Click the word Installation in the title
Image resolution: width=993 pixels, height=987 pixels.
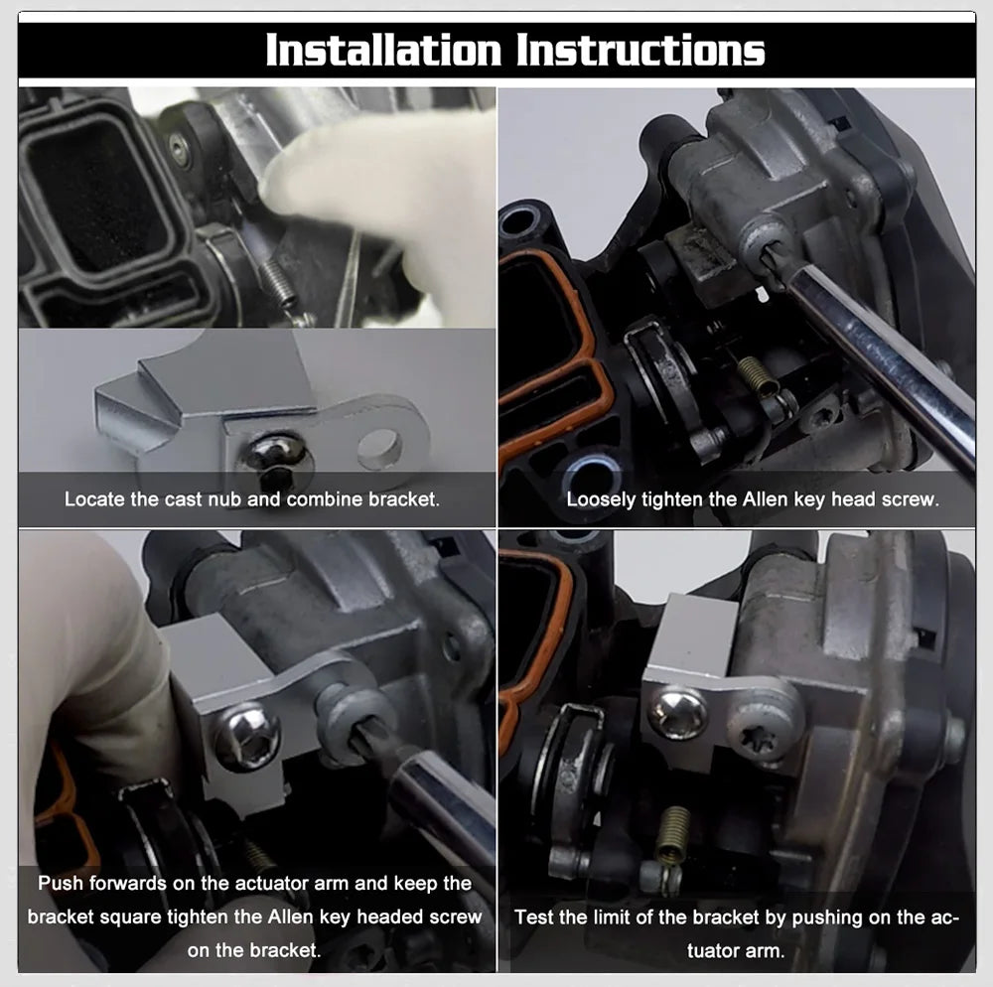pos(383,51)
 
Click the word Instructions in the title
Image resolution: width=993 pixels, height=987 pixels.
pos(639,51)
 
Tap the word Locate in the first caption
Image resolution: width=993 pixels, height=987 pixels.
pos(94,498)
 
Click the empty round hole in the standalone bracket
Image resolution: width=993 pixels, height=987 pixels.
pos(379,449)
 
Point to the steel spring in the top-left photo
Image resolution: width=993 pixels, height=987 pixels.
pos(281,283)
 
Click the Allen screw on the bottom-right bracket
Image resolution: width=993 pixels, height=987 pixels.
pos(678,713)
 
